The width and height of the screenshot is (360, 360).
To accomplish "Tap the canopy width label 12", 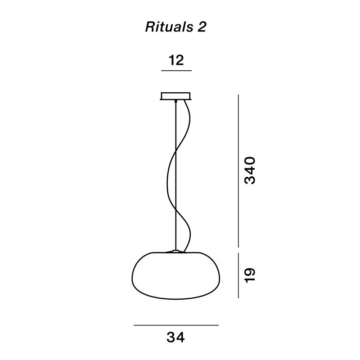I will point(176,60).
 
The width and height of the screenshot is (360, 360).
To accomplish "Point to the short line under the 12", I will point(176,71).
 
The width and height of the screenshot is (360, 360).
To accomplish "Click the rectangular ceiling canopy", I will point(176,96).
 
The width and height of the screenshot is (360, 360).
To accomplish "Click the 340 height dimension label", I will point(250,170).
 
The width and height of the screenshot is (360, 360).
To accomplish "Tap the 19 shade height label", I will point(250,274).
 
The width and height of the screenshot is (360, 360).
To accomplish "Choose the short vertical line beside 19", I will point(238,274).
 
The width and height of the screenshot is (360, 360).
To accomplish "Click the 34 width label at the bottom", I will point(176,337).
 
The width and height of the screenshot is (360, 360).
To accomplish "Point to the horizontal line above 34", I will point(176,325).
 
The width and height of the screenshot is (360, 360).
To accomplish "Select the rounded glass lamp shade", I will point(176,277).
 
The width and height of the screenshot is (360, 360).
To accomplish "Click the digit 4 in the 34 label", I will point(181,337).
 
